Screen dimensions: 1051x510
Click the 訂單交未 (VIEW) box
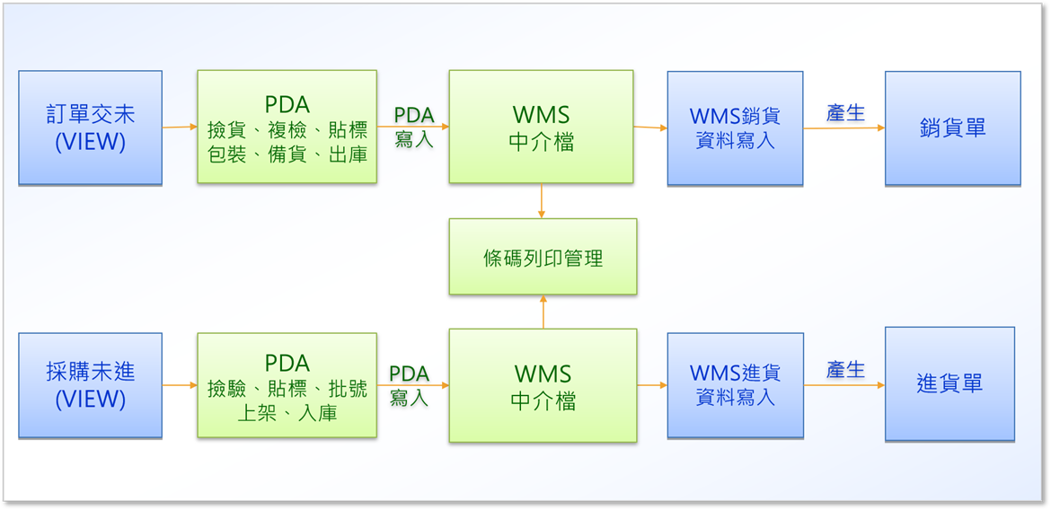pyautogui.click(x=90, y=127)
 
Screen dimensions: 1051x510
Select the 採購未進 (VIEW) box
pyautogui.click(x=90, y=385)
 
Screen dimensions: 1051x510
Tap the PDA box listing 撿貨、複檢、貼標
pyautogui.click(x=287, y=127)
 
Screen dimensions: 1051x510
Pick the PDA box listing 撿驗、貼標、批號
pyautogui.click(x=287, y=385)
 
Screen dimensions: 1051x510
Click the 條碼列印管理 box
pyautogui.click(x=543, y=257)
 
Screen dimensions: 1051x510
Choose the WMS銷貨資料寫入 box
pyautogui.click(x=736, y=128)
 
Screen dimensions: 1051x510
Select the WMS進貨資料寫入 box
pyautogui.click(x=736, y=385)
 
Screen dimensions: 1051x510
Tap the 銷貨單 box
pyautogui.click(x=952, y=128)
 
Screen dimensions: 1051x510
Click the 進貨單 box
pyautogui.click(x=949, y=384)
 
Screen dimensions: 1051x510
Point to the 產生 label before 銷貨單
pyautogui.click(x=845, y=113)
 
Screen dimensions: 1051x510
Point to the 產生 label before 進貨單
pyautogui.click(x=845, y=369)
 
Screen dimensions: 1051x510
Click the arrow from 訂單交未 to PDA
pyautogui.click(x=180, y=127)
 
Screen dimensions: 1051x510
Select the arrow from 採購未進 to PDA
pyautogui.click(x=180, y=385)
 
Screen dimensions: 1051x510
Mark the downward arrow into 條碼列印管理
pyautogui.click(x=541, y=200)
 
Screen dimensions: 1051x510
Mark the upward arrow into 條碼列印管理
pyautogui.click(x=543, y=312)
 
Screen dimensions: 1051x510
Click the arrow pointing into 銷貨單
pyautogui.click(x=844, y=128)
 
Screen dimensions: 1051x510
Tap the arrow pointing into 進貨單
pyautogui.click(x=844, y=385)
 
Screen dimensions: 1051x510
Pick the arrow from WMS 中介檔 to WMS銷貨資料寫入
pyautogui.click(x=650, y=127)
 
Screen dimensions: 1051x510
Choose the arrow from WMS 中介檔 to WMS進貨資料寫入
pyautogui.click(x=651, y=385)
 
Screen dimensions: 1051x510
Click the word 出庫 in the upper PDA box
pyautogui.click(x=348, y=155)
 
